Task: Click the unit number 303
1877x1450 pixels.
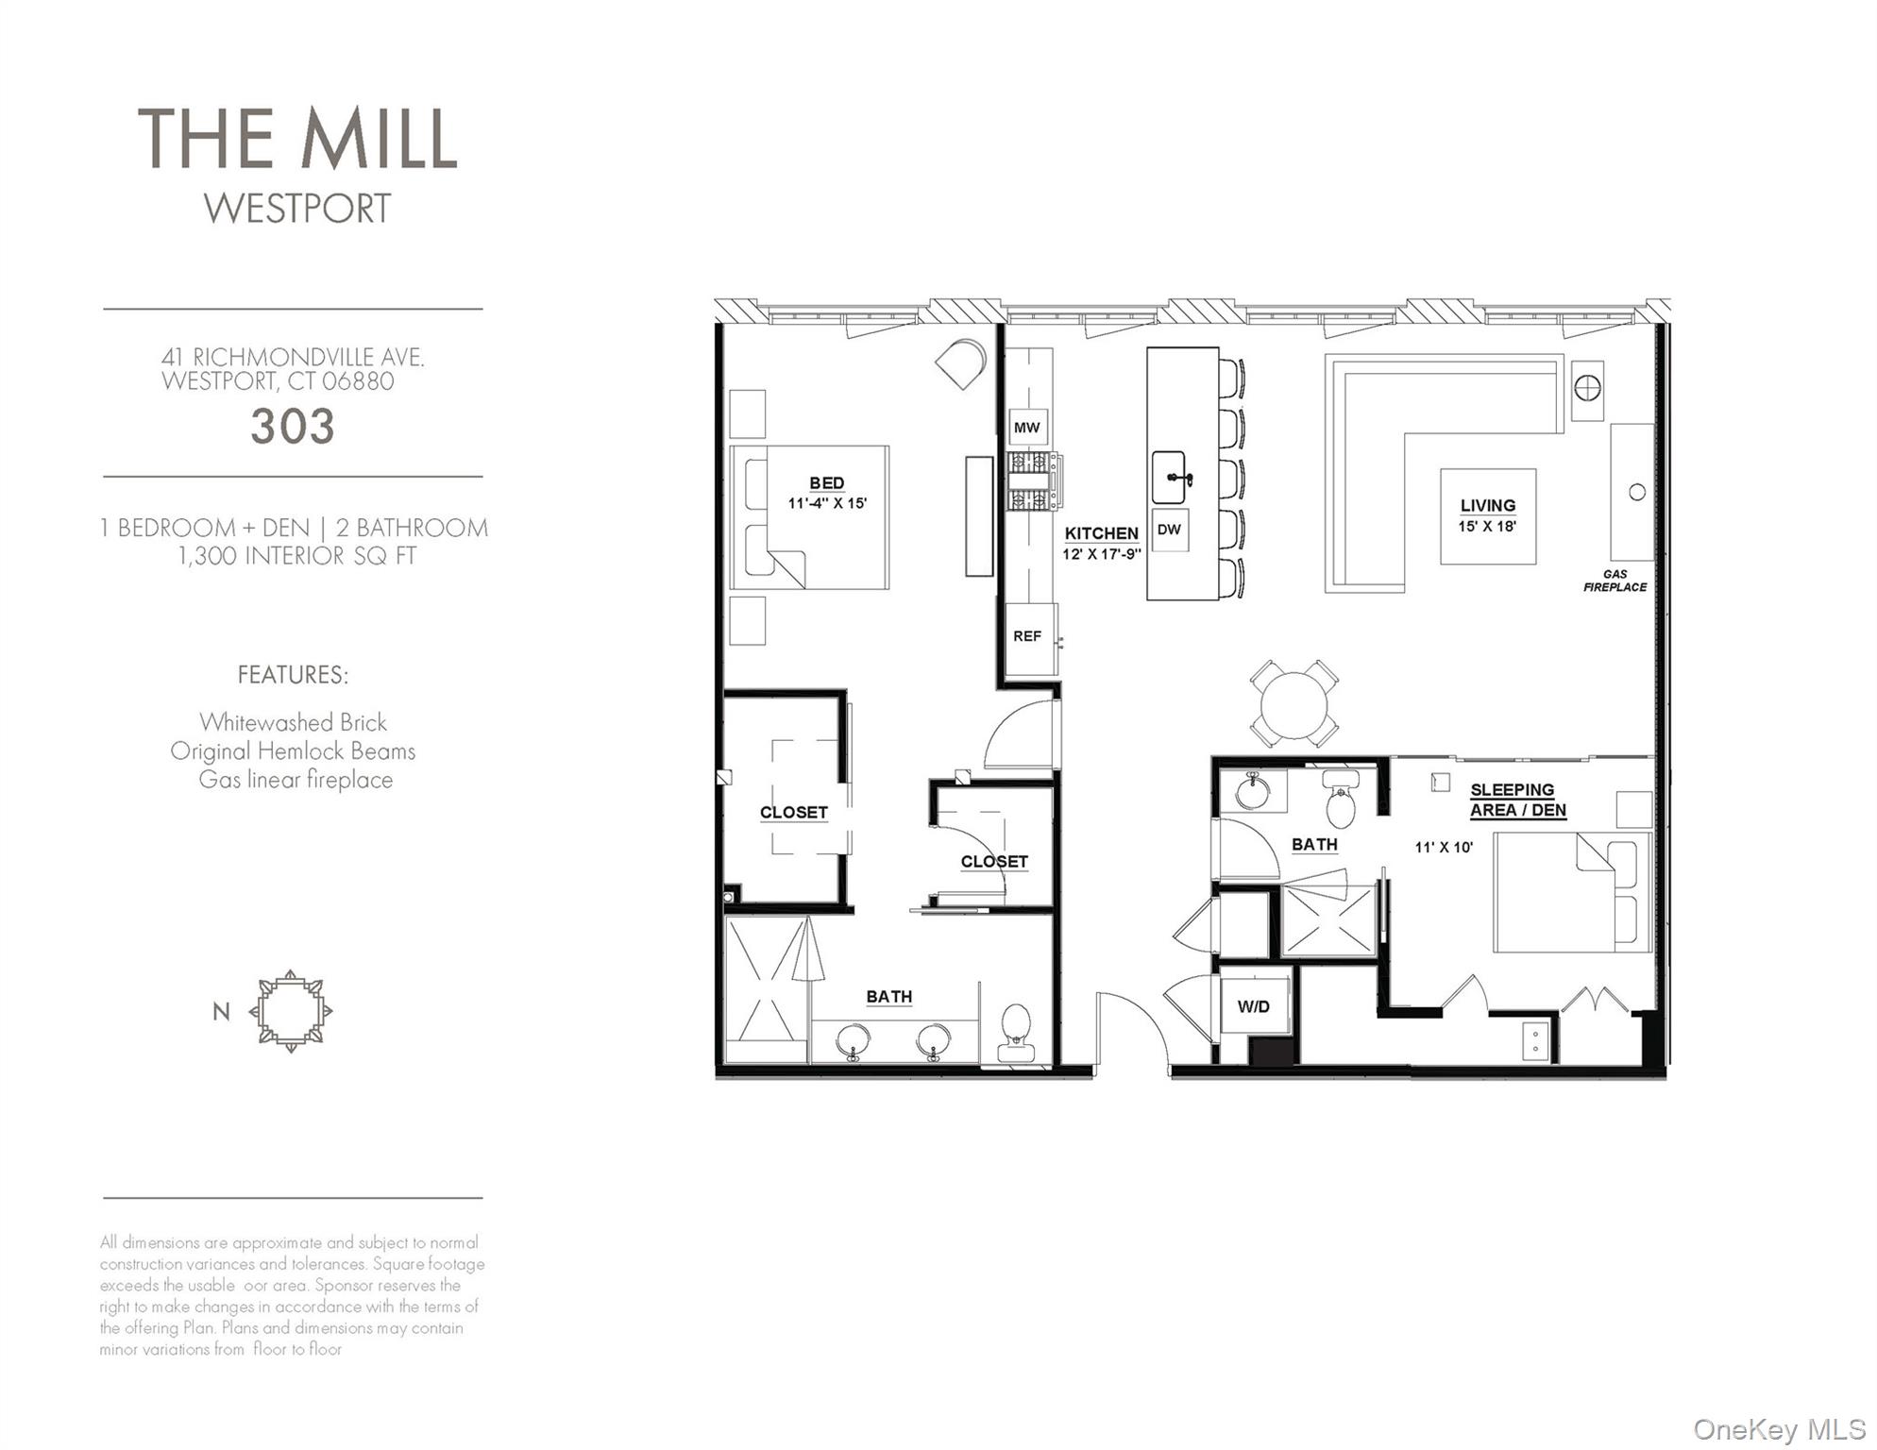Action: pos(293,427)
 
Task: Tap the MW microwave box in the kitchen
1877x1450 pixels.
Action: pos(1027,428)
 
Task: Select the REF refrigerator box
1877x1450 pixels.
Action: pos(1027,636)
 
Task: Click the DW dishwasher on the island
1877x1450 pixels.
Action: pos(1169,530)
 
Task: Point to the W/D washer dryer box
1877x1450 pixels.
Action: pos(1254,1006)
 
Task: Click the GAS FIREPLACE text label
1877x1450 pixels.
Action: pos(1615,581)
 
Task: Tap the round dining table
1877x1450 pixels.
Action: pos(1294,704)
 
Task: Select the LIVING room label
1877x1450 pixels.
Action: pos(1488,506)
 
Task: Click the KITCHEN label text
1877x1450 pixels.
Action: pos(1102,533)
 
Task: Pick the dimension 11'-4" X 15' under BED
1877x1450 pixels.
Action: pos(827,503)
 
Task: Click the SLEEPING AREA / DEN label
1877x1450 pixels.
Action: pos(1517,800)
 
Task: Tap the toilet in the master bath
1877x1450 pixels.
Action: pos(1016,1032)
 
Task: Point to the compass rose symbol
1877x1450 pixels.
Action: pos(291,1011)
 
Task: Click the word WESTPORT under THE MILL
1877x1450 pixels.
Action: pos(297,209)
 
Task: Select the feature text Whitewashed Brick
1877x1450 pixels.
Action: pos(293,722)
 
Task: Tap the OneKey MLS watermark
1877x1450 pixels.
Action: pos(1779,1429)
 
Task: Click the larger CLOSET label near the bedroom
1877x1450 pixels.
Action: pos(793,812)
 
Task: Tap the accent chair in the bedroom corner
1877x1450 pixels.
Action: pos(962,362)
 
